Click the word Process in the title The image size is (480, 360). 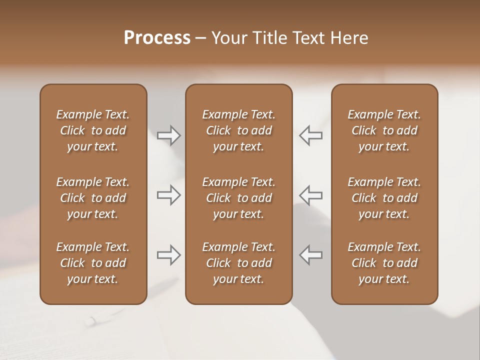(x=157, y=38)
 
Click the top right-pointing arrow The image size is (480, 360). (x=168, y=135)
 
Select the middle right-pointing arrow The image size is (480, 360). (x=168, y=195)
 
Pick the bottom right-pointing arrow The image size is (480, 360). (x=168, y=255)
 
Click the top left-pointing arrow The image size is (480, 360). (x=311, y=135)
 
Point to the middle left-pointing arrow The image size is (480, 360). (x=311, y=195)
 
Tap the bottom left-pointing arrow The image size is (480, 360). (x=311, y=255)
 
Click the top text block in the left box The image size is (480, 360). (x=93, y=130)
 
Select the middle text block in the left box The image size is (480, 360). (x=93, y=198)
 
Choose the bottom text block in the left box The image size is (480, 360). (x=93, y=263)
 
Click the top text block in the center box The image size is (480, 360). (x=238, y=130)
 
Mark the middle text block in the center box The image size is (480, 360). (x=238, y=198)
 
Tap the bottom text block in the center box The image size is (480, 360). (x=238, y=263)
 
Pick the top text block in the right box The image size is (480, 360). (x=384, y=130)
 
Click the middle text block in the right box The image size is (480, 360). (x=384, y=198)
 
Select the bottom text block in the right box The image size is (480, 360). (x=384, y=263)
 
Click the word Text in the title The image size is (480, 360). (x=306, y=38)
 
